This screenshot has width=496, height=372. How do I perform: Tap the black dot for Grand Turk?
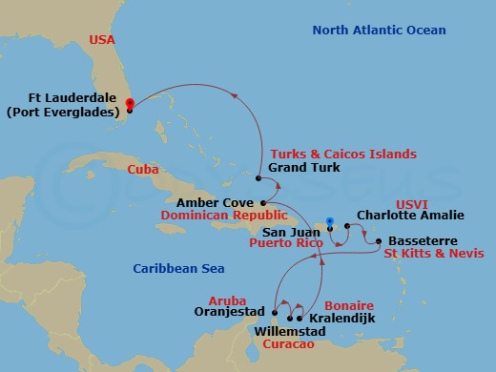258,177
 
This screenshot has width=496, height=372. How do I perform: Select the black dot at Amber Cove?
262,202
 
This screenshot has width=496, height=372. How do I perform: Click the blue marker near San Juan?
329,223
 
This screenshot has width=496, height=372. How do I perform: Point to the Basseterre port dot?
379,241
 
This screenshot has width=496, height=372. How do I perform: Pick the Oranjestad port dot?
275,312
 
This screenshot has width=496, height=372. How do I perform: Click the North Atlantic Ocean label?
379,31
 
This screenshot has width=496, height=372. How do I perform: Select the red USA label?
102,40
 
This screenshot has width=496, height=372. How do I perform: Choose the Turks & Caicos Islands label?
343,154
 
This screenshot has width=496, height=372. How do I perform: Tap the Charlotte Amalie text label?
399,216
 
